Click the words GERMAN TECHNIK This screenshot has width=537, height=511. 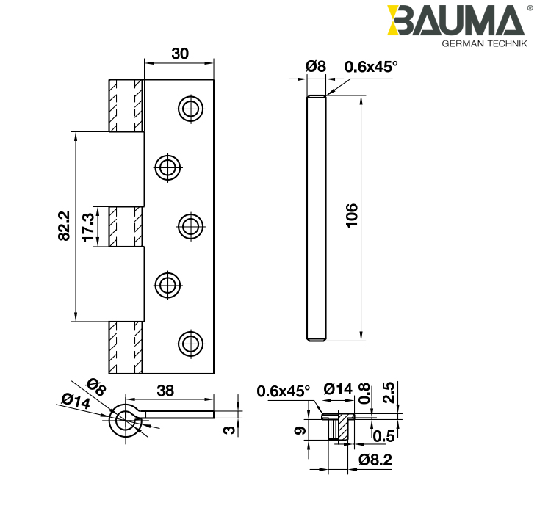click(x=484, y=44)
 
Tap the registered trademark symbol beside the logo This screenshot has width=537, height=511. click(x=530, y=8)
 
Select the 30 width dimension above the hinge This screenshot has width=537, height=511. click(x=180, y=54)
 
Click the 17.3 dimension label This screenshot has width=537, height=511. click(x=89, y=228)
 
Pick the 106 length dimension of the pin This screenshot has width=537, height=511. click(x=351, y=218)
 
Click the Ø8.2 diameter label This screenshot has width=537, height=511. click(x=375, y=460)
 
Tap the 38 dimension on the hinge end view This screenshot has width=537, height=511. click(x=165, y=391)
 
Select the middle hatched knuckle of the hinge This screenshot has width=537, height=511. click(x=126, y=227)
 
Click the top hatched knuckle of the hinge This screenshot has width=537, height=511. click(x=126, y=106)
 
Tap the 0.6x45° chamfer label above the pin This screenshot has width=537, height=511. click(x=371, y=68)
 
